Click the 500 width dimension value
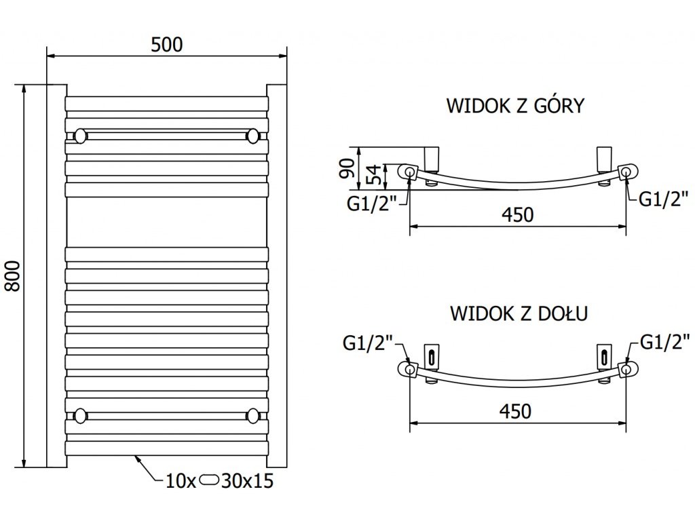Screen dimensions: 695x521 point(167,45)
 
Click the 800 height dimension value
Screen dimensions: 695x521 point(13,276)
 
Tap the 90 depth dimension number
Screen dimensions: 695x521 point(347,168)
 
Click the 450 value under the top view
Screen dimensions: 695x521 point(517,215)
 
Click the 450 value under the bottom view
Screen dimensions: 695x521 point(515,412)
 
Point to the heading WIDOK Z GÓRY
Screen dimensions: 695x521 point(516,105)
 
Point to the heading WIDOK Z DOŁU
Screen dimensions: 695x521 point(519,313)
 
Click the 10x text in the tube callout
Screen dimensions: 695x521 point(181,481)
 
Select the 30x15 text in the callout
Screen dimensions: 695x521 point(247,481)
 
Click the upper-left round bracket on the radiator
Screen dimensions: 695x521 point(80,136)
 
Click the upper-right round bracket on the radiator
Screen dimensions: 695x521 point(252,136)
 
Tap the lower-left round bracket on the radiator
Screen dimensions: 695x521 point(80,416)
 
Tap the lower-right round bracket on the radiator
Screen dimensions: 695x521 point(252,416)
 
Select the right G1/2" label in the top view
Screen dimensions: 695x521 point(663,199)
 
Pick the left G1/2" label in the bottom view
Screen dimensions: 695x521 point(368,343)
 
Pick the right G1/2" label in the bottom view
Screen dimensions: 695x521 point(665,342)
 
